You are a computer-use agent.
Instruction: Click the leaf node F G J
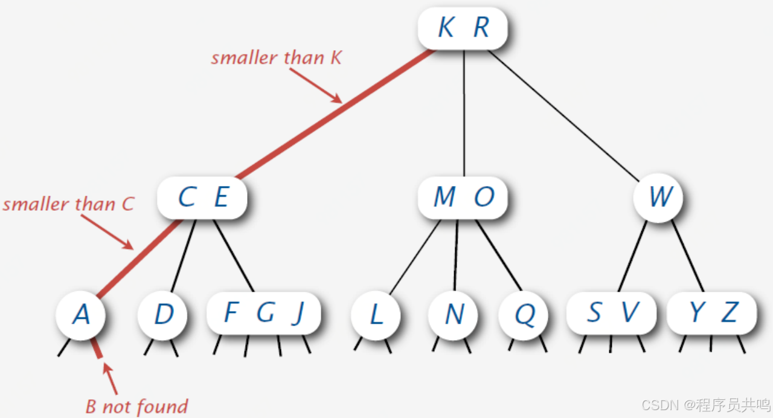(263, 313)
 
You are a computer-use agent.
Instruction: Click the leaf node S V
(611, 313)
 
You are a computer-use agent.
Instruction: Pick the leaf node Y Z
(711, 313)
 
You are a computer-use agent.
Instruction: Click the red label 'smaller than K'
(276, 58)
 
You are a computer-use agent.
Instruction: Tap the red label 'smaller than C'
(68, 204)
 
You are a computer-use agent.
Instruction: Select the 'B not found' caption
(136, 406)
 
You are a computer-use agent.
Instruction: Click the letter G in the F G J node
(265, 313)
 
